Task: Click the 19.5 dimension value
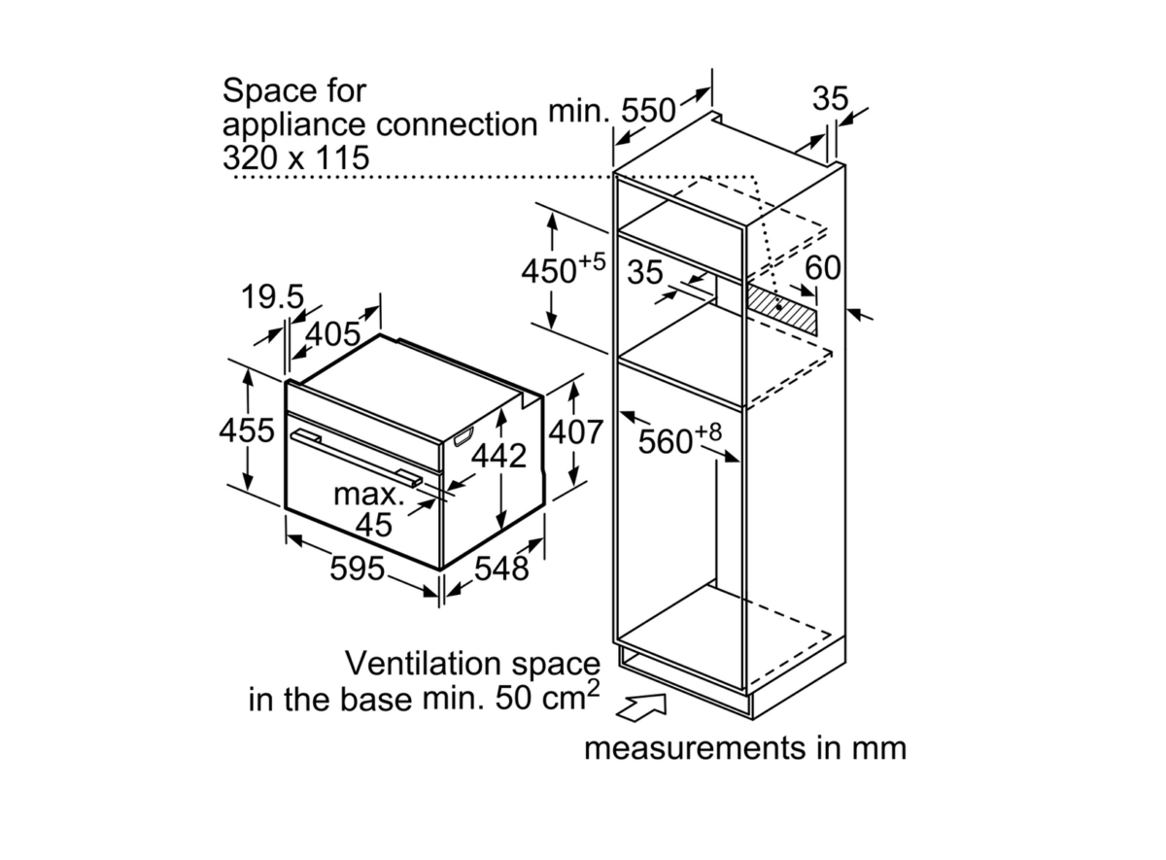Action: coord(272,297)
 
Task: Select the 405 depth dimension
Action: coord(332,334)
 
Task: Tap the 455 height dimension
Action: coord(246,430)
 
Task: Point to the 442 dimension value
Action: coord(498,456)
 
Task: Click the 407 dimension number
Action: coord(575,432)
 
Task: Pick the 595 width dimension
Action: coord(358,568)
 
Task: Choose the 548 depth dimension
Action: coord(501,568)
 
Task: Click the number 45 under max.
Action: coord(374,526)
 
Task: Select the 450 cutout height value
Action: coord(549,271)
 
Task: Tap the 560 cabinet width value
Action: coord(666,442)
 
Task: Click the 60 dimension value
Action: coord(823,267)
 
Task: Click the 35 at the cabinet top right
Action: coord(830,98)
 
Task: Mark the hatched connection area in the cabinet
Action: coord(782,311)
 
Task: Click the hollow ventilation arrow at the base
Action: coord(640,707)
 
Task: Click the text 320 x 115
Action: coord(295,157)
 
